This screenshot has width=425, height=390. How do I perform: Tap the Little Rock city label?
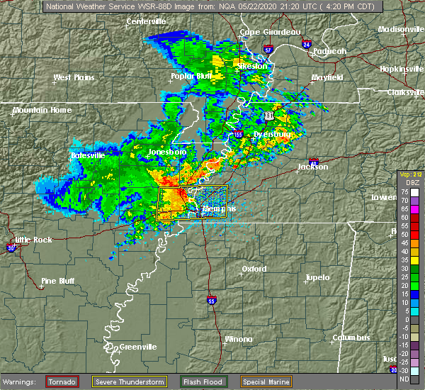coord(33,240)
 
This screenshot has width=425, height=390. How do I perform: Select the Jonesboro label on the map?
coord(166,152)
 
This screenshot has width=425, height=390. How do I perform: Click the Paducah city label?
coord(329,51)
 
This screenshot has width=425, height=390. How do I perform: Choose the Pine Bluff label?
coord(57,281)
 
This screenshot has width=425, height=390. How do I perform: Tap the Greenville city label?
coord(137,347)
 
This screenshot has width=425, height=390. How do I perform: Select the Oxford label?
coord(254,269)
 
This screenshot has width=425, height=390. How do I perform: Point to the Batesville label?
coord(87,155)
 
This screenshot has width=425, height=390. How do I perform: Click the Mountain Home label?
coord(42,111)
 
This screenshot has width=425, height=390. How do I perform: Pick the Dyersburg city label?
coord(273,133)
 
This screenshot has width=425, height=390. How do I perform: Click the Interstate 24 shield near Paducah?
coord(307,44)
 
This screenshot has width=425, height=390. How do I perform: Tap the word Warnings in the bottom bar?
coord(20,381)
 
